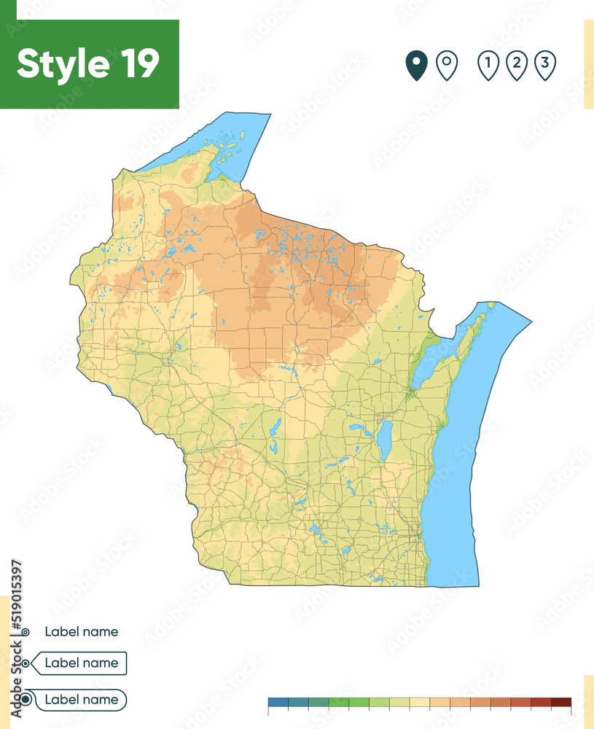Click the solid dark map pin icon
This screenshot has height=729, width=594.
pyautogui.click(x=416, y=65)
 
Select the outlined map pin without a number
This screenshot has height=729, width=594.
pyautogui.click(x=446, y=65)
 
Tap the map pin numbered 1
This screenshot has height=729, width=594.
pyautogui.click(x=488, y=65)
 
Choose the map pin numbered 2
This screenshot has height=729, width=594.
pyautogui.click(x=516, y=65)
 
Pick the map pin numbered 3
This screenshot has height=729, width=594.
pyautogui.click(x=544, y=65)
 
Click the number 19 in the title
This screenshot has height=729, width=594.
pyautogui.click(x=136, y=64)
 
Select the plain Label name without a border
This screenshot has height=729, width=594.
pyautogui.click(x=81, y=632)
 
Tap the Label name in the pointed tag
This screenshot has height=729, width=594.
pyautogui.click(x=81, y=663)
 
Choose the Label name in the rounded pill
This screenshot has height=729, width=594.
pyautogui.click(x=81, y=700)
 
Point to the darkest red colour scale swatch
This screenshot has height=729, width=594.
pyautogui.click(x=560, y=703)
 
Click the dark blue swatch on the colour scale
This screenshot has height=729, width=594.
pyautogui.click(x=278, y=703)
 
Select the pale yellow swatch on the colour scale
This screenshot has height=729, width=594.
pyautogui.click(x=420, y=703)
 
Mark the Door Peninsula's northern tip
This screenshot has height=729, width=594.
pyautogui.click(x=490, y=307)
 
